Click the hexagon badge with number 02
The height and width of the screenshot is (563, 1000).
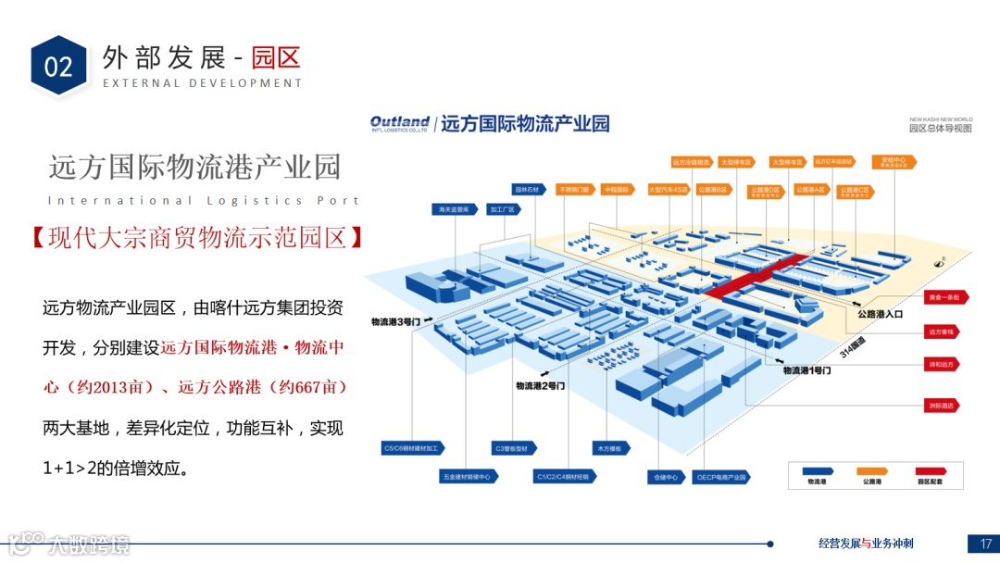coord(58,66)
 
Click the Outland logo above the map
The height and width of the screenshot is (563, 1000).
coord(399,123)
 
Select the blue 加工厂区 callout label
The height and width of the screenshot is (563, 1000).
coord(501,210)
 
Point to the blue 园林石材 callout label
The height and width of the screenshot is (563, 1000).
coord(526,190)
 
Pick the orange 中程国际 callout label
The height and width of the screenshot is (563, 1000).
coord(617,190)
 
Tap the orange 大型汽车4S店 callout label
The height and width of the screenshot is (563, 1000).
coord(669,190)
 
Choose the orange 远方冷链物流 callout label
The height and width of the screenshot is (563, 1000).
coord(691,162)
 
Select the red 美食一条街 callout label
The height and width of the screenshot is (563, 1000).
coord(944,298)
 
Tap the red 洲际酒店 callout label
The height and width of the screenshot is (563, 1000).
coord(944,406)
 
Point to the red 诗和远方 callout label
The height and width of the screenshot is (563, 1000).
coord(944,364)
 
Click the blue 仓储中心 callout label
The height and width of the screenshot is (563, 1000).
coord(666,478)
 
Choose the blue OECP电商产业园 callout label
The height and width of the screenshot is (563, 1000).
coord(719,478)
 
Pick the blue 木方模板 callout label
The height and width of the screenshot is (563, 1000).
coord(612,448)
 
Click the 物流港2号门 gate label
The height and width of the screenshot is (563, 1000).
coord(540,385)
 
